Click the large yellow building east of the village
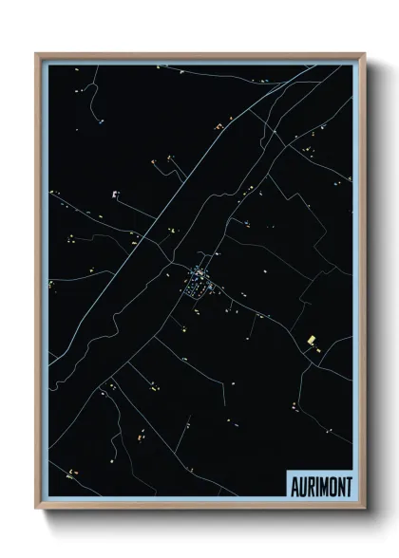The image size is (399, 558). [x=311, y=340]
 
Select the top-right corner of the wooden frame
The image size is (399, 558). [x=364, y=54]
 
